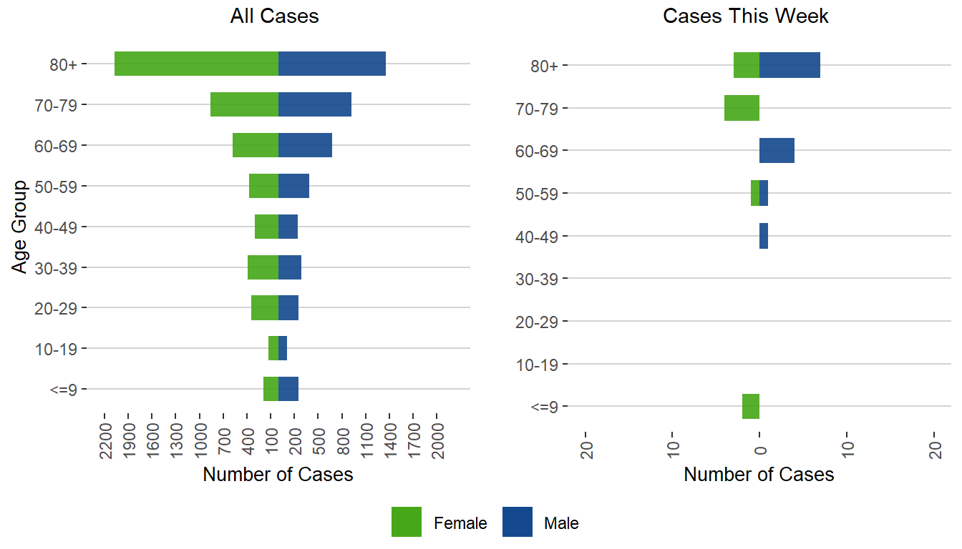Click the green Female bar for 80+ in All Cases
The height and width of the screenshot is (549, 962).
point(196,64)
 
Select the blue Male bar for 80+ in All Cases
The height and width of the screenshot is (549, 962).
point(332,64)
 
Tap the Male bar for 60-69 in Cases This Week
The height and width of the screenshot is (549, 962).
point(777,151)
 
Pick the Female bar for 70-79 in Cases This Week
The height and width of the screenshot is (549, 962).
point(742,108)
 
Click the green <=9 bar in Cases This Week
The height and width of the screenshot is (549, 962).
point(751,406)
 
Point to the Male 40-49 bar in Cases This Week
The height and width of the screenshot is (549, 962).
point(764,236)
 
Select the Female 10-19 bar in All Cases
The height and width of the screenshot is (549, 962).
point(273,348)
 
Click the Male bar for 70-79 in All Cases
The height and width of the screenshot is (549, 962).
point(315,104)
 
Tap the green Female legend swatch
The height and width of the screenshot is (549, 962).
point(407,522)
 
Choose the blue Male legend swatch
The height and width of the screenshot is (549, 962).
point(518,522)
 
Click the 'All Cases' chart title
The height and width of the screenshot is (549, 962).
point(274,16)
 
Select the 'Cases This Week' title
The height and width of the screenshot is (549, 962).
point(746,16)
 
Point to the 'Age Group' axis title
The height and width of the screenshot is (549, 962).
point(20,227)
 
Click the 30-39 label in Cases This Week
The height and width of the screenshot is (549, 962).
point(537,279)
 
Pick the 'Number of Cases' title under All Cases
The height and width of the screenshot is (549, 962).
point(278,475)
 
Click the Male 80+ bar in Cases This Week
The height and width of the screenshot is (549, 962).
point(789,65)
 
